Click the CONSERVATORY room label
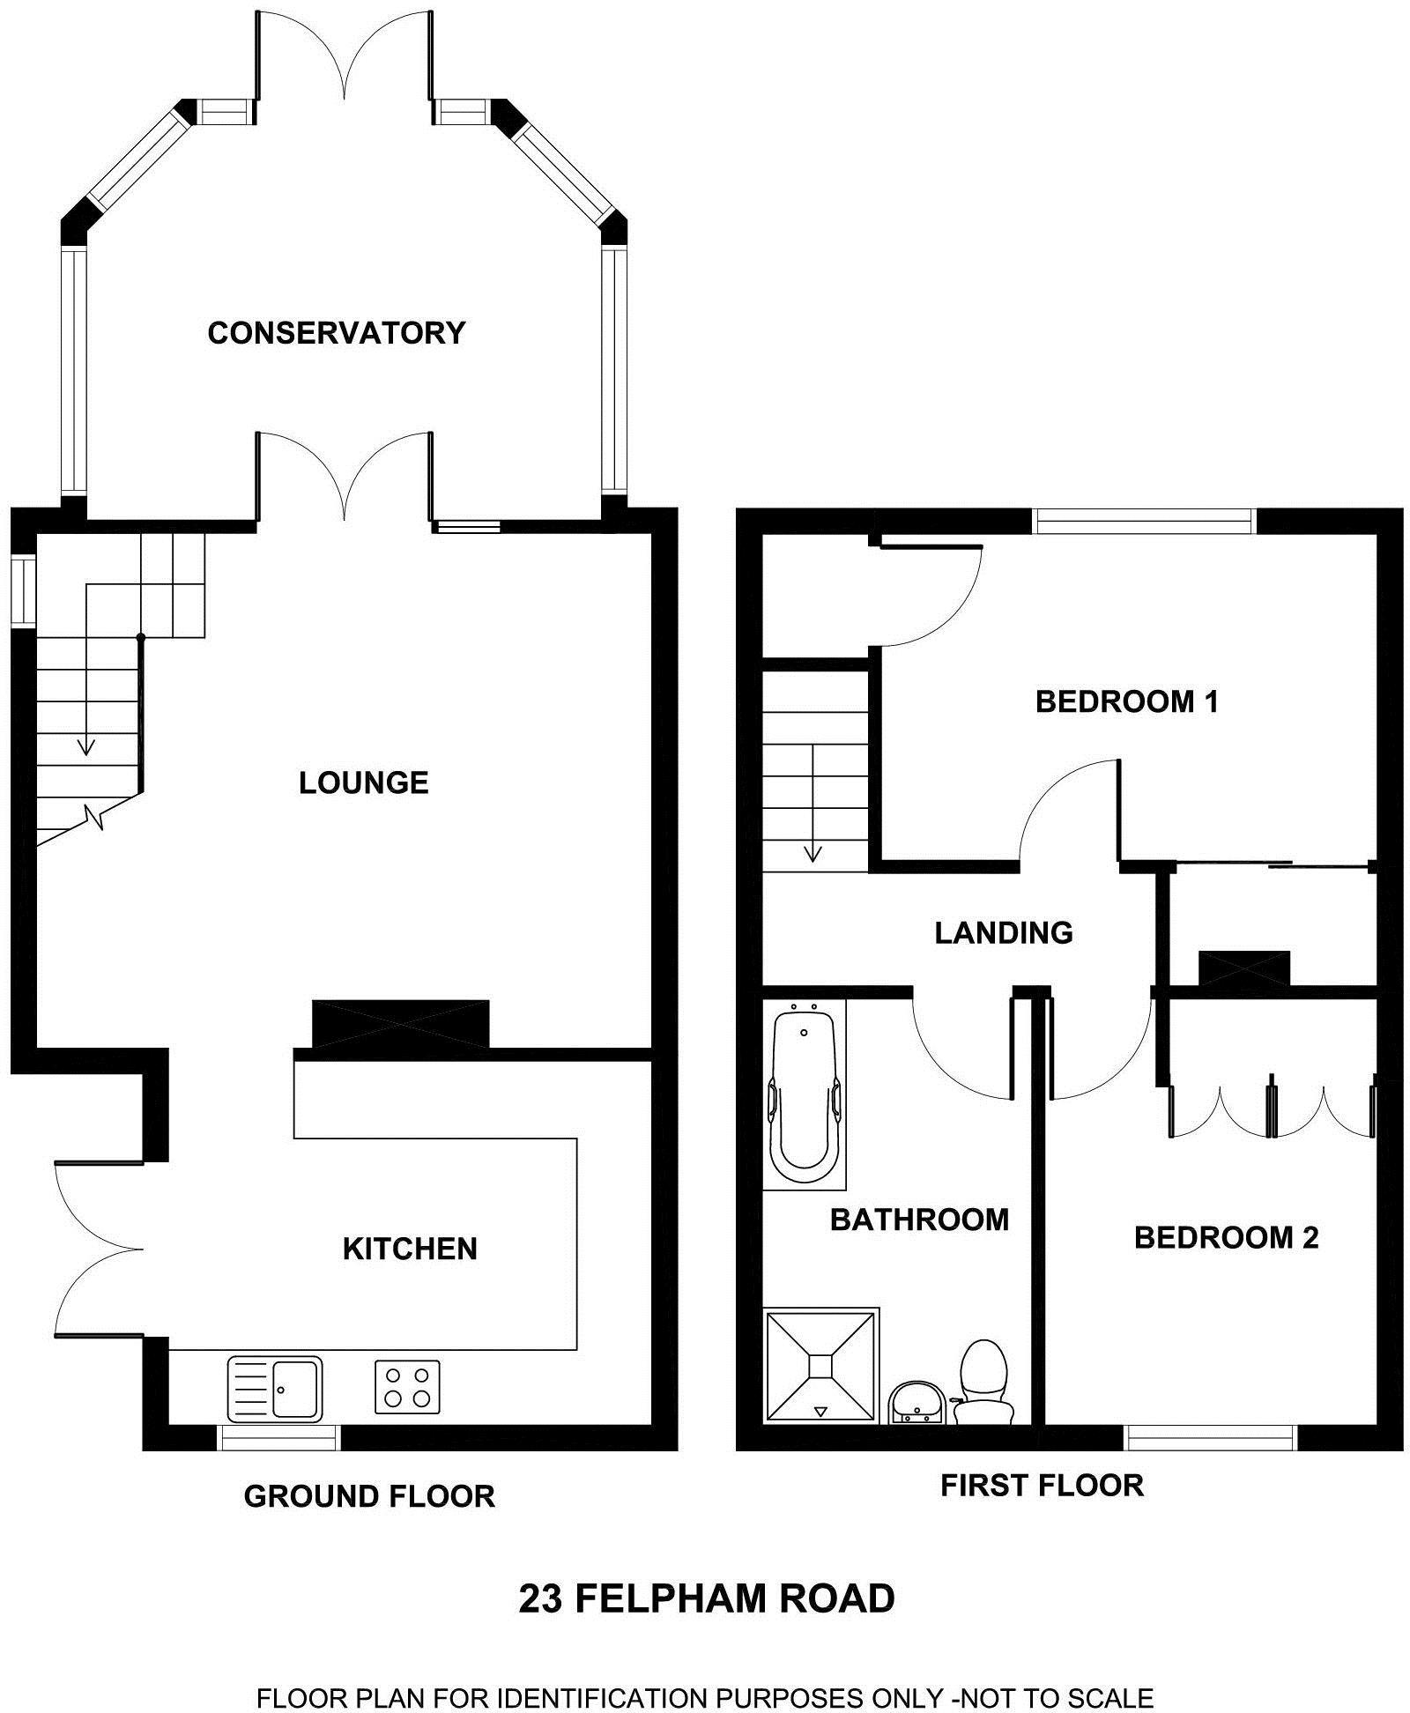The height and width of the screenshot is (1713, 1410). coord(336,333)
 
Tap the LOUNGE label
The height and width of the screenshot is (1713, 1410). coord(363,782)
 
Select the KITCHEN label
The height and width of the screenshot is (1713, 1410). coord(410,1249)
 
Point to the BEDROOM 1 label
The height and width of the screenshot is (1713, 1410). coord(1126,702)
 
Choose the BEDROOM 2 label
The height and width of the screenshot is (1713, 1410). coord(1226,1238)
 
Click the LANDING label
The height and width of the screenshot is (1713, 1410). coord(1004,932)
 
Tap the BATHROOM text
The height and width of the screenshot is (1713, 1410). coord(919,1220)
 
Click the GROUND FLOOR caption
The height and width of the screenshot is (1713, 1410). coord(369,1496)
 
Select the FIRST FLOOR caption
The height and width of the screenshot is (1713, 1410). coord(1042,1486)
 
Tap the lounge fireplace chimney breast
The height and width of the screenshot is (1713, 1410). coord(400,1024)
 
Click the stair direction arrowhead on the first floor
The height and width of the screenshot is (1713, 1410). coord(813,853)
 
